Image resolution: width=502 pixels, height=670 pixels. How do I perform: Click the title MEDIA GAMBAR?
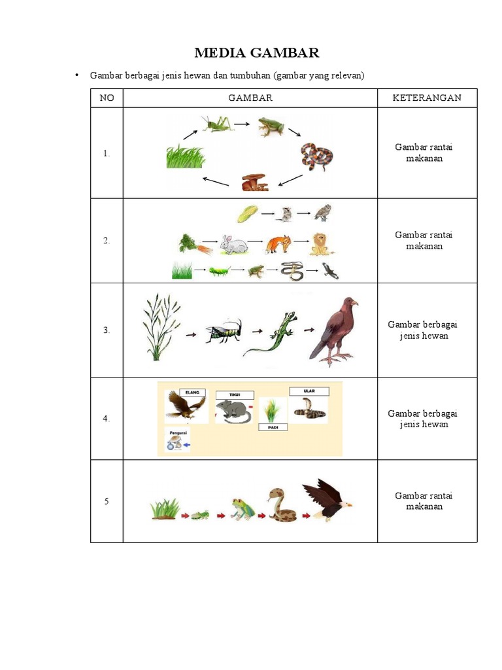click(x=256, y=53)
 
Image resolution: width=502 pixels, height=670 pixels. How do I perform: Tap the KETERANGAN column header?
click(x=427, y=98)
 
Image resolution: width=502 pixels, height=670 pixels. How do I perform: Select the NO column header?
click(x=107, y=98)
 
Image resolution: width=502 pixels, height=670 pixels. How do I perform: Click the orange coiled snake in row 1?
click(x=316, y=157)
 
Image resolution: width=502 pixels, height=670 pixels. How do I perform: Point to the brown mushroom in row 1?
click(x=255, y=182)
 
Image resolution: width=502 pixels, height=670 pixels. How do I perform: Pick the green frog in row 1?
click(x=271, y=127)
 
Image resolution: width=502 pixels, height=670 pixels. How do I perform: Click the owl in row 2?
click(x=323, y=213)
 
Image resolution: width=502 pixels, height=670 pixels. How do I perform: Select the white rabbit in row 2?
click(x=233, y=245)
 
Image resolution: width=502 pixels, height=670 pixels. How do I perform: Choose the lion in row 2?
click(x=321, y=244)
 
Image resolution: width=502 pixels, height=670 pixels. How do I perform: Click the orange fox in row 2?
click(x=278, y=244)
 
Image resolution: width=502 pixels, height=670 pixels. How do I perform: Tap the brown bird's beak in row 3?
click(x=356, y=304)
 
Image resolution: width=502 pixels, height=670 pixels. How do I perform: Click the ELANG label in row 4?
click(x=192, y=393)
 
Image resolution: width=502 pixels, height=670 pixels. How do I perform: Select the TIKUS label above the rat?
click(x=235, y=395)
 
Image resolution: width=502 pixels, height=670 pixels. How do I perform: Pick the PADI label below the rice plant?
click(x=273, y=427)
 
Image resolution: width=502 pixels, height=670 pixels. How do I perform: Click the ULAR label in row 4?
click(x=309, y=391)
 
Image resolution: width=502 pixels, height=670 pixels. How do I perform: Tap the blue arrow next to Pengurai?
click(x=186, y=445)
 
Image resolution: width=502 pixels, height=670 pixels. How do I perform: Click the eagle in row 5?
click(x=327, y=500)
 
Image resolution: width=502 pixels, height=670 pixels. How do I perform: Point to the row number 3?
click(x=107, y=330)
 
